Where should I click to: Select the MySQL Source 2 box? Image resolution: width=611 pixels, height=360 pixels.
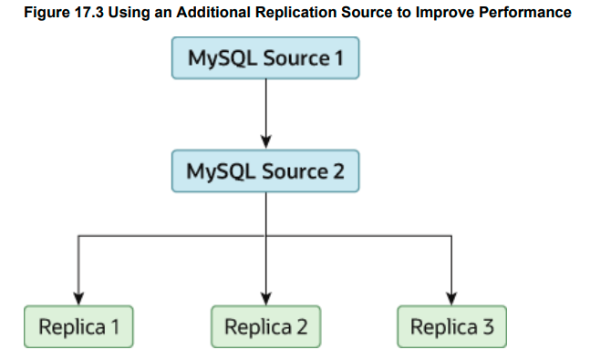(x=265, y=170)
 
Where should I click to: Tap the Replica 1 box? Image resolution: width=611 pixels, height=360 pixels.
(x=78, y=326)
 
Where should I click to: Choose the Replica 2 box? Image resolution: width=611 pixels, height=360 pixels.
(x=265, y=326)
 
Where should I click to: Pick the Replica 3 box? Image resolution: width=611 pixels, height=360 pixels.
(x=451, y=326)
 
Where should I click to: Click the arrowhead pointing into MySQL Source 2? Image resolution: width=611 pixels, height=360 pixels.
(x=265, y=140)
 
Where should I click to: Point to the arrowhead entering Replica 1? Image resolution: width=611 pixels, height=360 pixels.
(x=78, y=297)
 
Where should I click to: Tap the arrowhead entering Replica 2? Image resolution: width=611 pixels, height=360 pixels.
(x=265, y=297)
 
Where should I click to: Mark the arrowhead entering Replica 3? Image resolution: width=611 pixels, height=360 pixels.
(x=451, y=297)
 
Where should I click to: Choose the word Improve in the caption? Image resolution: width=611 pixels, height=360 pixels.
(x=447, y=13)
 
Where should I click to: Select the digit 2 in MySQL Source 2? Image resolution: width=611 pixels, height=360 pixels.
(x=337, y=170)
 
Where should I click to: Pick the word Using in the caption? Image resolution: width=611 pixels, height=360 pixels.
(x=136, y=13)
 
